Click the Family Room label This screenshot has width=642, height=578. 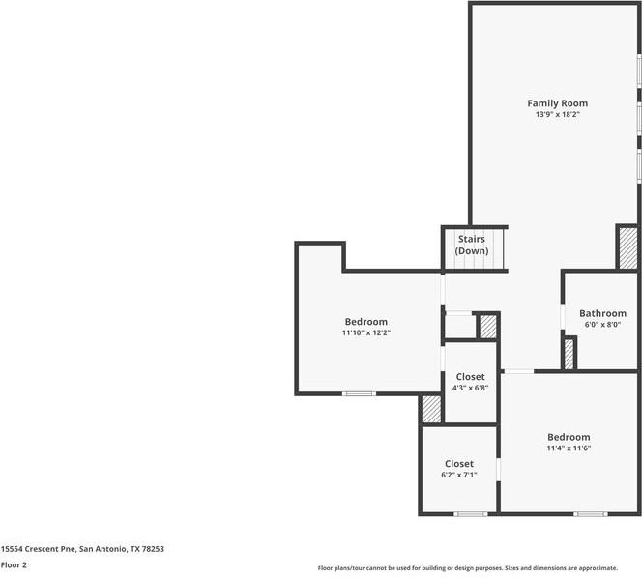point(557,103)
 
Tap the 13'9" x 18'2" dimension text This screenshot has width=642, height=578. point(558,115)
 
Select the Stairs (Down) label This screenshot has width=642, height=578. point(472,245)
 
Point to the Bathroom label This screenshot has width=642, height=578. point(602,313)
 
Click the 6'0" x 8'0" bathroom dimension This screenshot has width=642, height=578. point(602,325)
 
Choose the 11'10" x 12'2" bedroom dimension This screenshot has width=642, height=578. point(366,332)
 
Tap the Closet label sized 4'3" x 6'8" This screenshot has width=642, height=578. point(471,377)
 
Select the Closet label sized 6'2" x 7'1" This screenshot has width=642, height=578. point(459,464)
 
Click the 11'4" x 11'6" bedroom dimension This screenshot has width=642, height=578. point(569,448)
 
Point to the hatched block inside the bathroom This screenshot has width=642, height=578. point(569,355)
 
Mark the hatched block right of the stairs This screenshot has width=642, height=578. point(628,248)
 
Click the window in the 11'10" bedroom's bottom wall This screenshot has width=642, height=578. point(359,393)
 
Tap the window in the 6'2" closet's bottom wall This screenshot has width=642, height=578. point(471,514)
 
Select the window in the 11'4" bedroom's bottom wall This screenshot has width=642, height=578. point(590,514)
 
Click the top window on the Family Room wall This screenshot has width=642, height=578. point(639,71)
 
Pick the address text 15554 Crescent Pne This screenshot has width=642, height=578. point(39,549)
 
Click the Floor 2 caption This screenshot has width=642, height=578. point(14,565)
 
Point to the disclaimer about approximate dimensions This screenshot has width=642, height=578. point(468,568)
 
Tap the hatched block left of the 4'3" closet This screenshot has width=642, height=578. point(431,410)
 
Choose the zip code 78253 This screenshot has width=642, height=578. point(153,549)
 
